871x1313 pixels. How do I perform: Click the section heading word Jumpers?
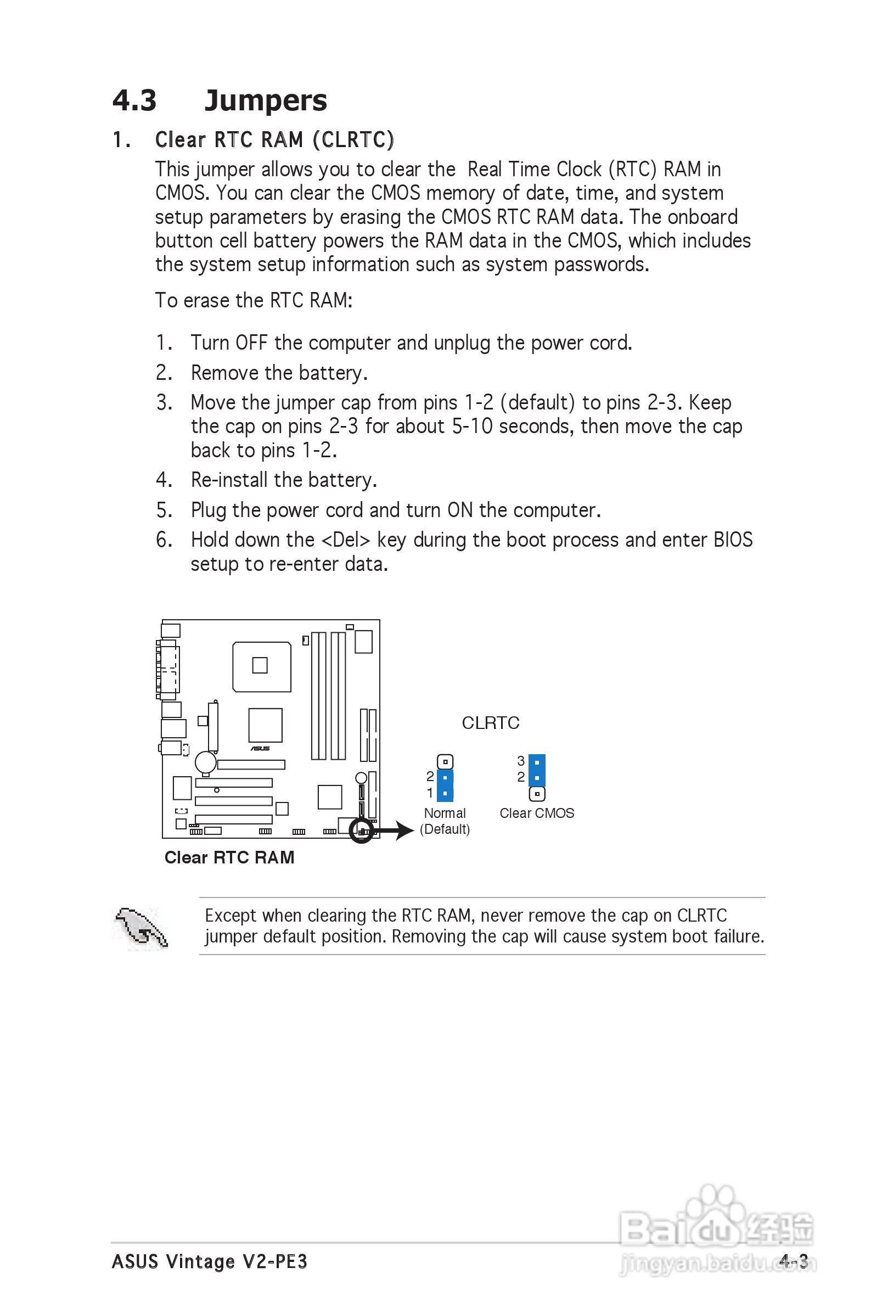[x=266, y=100]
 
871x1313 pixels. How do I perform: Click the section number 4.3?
[x=134, y=100]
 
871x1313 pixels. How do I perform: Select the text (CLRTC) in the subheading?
[x=353, y=140]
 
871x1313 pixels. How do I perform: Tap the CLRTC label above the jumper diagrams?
[x=491, y=722]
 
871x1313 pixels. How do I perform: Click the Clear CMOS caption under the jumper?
[x=537, y=813]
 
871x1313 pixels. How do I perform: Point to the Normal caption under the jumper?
[x=445, y=813]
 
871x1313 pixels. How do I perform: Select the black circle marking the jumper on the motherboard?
[x=361, y=831]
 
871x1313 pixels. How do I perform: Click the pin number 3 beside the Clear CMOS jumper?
[x=520, y=760]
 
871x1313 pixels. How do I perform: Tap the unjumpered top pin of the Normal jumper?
[x=445, y=761]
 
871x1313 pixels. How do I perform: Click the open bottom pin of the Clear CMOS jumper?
[x=537, y=794]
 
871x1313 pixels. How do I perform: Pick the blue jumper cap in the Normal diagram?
[x=445, y=785]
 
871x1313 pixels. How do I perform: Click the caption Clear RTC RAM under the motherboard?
[x=229, y=857]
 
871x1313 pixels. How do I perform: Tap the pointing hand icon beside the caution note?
[x=141, y=928]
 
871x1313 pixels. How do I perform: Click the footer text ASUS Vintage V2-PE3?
[x=210, y=1262]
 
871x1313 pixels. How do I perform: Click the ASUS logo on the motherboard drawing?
[x=260, y=749]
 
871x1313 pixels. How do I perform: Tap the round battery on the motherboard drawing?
[x=205, y=762]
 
